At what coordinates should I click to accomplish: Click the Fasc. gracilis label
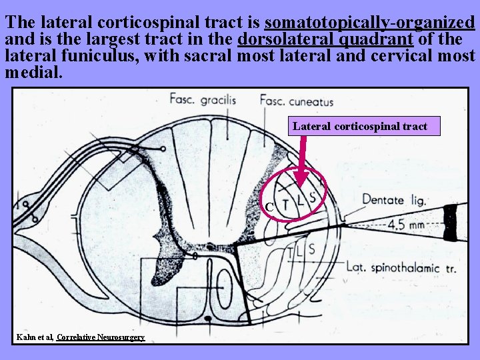(203, 101)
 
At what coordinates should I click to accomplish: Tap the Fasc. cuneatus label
(296, 101)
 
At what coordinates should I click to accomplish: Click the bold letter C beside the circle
(269, 207)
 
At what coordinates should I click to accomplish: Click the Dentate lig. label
(394, 199)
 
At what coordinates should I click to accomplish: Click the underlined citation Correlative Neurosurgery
(101, 337)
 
